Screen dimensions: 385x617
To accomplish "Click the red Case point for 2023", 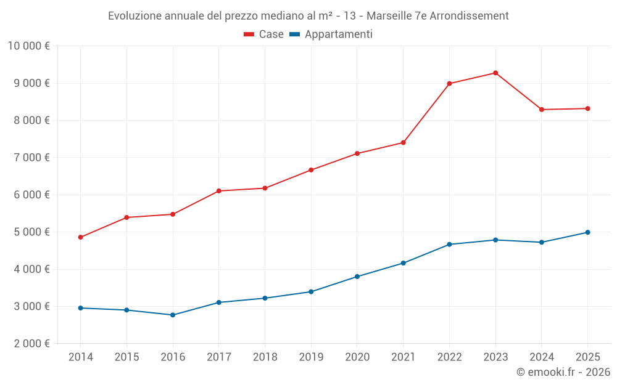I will pos(495,73).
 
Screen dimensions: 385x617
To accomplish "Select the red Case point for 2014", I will pos(81,237).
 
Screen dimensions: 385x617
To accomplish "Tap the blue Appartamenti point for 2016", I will pos(173,315).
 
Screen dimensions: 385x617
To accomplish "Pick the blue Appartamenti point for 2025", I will pos(587,232).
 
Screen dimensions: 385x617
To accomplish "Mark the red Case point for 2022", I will pos(449,83).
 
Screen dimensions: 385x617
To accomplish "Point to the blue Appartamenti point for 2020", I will pos(357,277).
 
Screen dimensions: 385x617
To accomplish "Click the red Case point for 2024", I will pos(542,110).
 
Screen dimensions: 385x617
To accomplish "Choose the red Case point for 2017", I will pos(219,191).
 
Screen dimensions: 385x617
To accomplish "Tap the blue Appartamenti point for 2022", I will pos(449,245).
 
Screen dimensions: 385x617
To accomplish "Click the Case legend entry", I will pos(264,34).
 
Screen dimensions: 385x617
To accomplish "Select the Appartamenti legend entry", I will pos(331,34).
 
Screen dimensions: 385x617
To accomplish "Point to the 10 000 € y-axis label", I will pos(28,46).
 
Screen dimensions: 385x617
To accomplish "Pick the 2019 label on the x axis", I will pos(311,357).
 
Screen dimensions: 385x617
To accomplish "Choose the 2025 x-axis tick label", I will pos(587,357).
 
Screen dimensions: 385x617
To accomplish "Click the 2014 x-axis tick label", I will pos(81,357).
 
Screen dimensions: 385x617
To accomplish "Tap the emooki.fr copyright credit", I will pos(563,372).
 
